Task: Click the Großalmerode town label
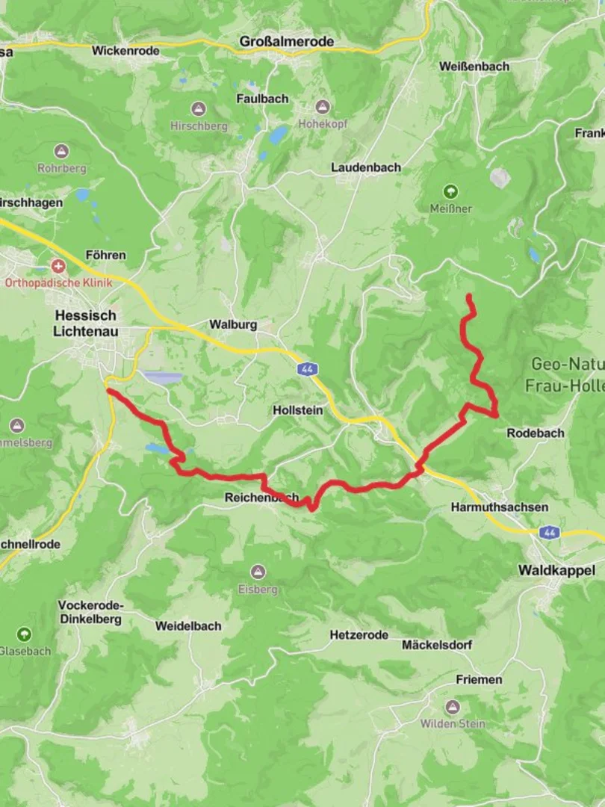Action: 287,42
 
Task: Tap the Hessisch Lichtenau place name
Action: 86,324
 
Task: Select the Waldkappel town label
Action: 556,570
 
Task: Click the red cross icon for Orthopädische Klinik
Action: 58,266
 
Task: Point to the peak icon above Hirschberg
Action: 198,109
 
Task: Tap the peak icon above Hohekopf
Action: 323,107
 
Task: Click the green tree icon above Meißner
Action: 450,191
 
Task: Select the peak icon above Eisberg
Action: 258,572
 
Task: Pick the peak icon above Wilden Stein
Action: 452,707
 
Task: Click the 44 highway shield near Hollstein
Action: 307,369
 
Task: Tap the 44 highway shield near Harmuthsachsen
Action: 550,532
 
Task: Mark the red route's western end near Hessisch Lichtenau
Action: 109,390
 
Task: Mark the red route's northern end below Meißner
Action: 469,297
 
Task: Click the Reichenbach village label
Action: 261,498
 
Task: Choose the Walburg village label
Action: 233,324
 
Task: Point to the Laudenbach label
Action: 366,167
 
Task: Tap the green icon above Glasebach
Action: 25,634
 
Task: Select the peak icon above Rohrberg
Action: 61,152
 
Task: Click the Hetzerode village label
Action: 359,634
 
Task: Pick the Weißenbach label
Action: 474,66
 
